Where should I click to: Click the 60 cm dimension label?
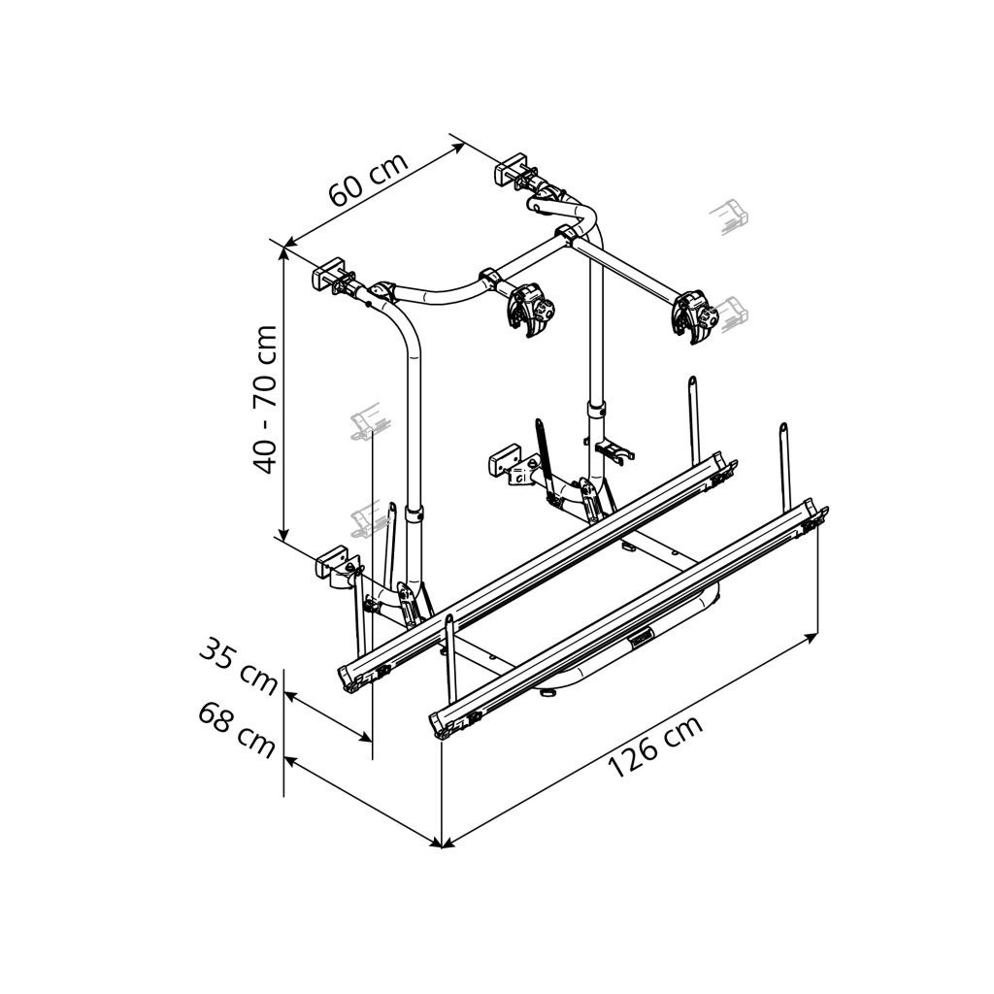tap(369, 180)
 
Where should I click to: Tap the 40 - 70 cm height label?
tap(265, 399)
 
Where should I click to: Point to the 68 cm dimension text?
tap(237, 730)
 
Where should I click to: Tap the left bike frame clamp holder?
tap(530, 311)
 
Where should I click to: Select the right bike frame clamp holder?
tap(694, 317)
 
